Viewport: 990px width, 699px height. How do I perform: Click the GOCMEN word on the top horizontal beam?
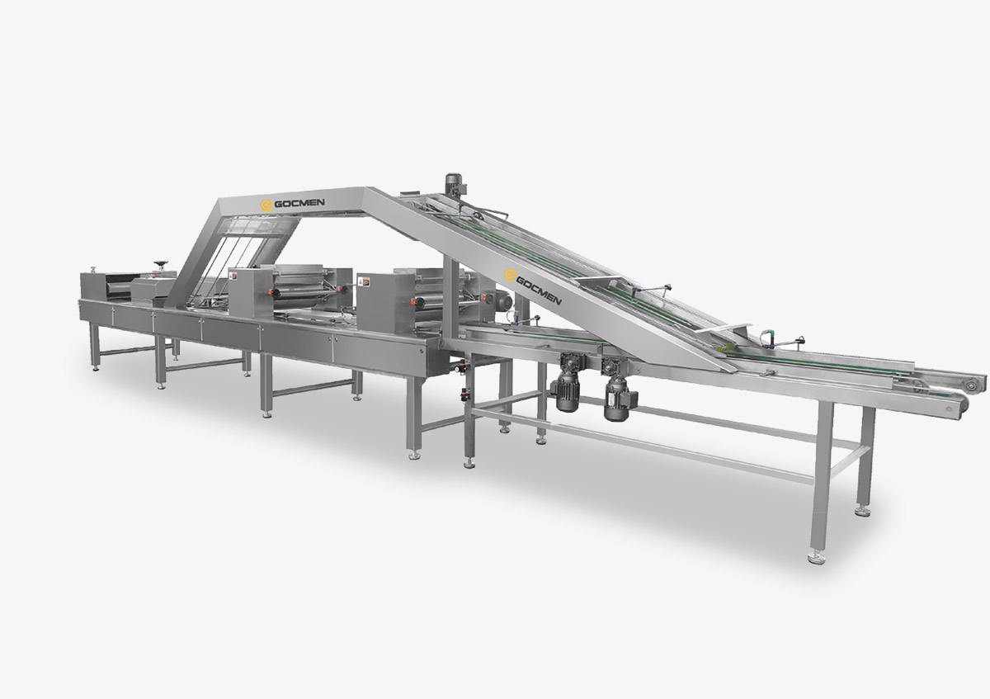coord(299,203)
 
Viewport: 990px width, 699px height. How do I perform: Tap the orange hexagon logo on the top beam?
coord(266,205)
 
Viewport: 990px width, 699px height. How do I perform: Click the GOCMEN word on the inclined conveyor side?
coord(539,291)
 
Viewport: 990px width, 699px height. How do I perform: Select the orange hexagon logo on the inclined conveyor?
coord(510,274)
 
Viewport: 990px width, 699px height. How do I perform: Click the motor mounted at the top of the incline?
coord(453,184)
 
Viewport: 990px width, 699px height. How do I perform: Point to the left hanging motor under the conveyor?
coord(566,389)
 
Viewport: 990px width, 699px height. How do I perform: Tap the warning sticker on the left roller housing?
coord(233,276)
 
